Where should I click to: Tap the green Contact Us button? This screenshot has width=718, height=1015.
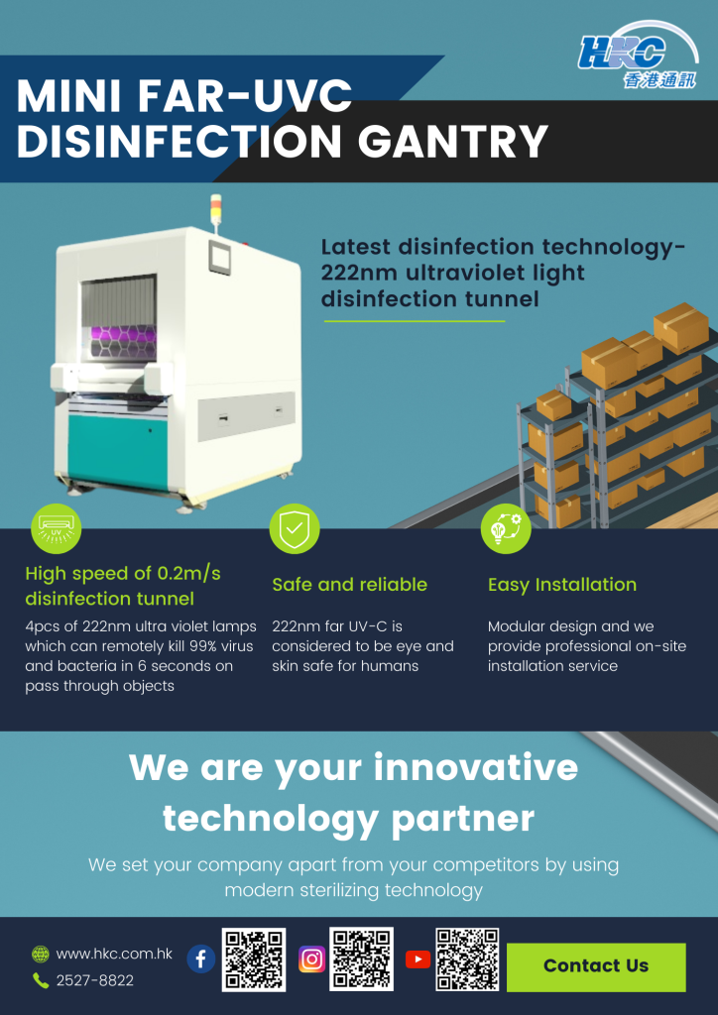pos(596,966)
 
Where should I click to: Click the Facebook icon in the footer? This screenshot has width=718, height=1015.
pos(201,959)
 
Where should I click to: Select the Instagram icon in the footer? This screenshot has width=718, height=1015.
pos(312,959)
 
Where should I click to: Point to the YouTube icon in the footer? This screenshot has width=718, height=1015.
pos(419,959)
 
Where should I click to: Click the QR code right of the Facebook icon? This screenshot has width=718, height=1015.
pos(254,959)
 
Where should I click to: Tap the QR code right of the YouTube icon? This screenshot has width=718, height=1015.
pos(468,959)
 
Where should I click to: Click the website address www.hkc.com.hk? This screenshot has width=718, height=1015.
pos(114,954)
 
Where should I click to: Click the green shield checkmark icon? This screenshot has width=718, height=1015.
pos(295,529)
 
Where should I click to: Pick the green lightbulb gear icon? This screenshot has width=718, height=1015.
pos(506,529)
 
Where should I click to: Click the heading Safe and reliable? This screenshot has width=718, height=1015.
pos(349,585)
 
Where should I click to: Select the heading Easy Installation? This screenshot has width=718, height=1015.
pos(562,585)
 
